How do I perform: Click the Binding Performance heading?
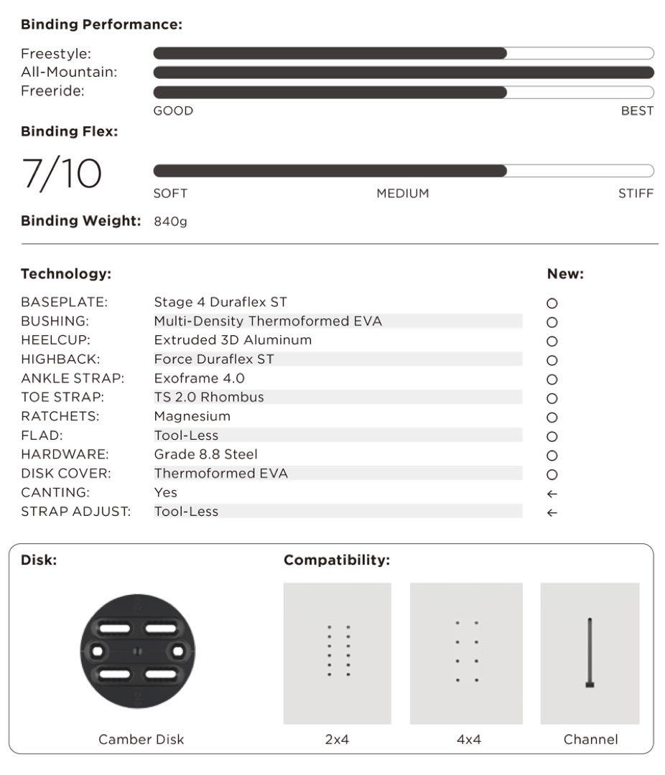(x=101, y=25)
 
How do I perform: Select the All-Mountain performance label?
(x=69, y=72)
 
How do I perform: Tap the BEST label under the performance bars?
(x=637, y=111)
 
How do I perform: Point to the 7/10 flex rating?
(x=62, y=174)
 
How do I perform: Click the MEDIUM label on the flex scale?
(x=402, y=194)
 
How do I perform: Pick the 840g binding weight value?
(x=170, y=222)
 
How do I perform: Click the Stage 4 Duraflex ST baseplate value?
(x=220, y=302)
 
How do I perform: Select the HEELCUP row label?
(x=56, y=340)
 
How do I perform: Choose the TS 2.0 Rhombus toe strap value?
(x=209, y=397)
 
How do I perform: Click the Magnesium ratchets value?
(x=192, y=416)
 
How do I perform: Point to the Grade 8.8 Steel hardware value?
(x=206, y=454)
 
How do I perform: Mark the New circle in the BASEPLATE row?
(x=552, y=304)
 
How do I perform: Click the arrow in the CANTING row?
(x=552, y=494)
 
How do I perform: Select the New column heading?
(x=565, y=274)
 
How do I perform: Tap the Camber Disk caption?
(x=141, y=739)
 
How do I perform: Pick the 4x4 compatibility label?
(x=469, y=739)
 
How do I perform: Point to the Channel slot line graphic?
(x=590, y=652)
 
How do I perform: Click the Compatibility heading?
(x=337, y=560)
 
